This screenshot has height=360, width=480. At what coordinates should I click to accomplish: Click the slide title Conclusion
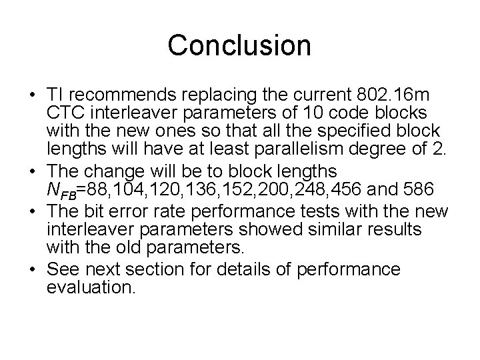coord(239,45)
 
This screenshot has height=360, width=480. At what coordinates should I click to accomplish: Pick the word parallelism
coord(298,147)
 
